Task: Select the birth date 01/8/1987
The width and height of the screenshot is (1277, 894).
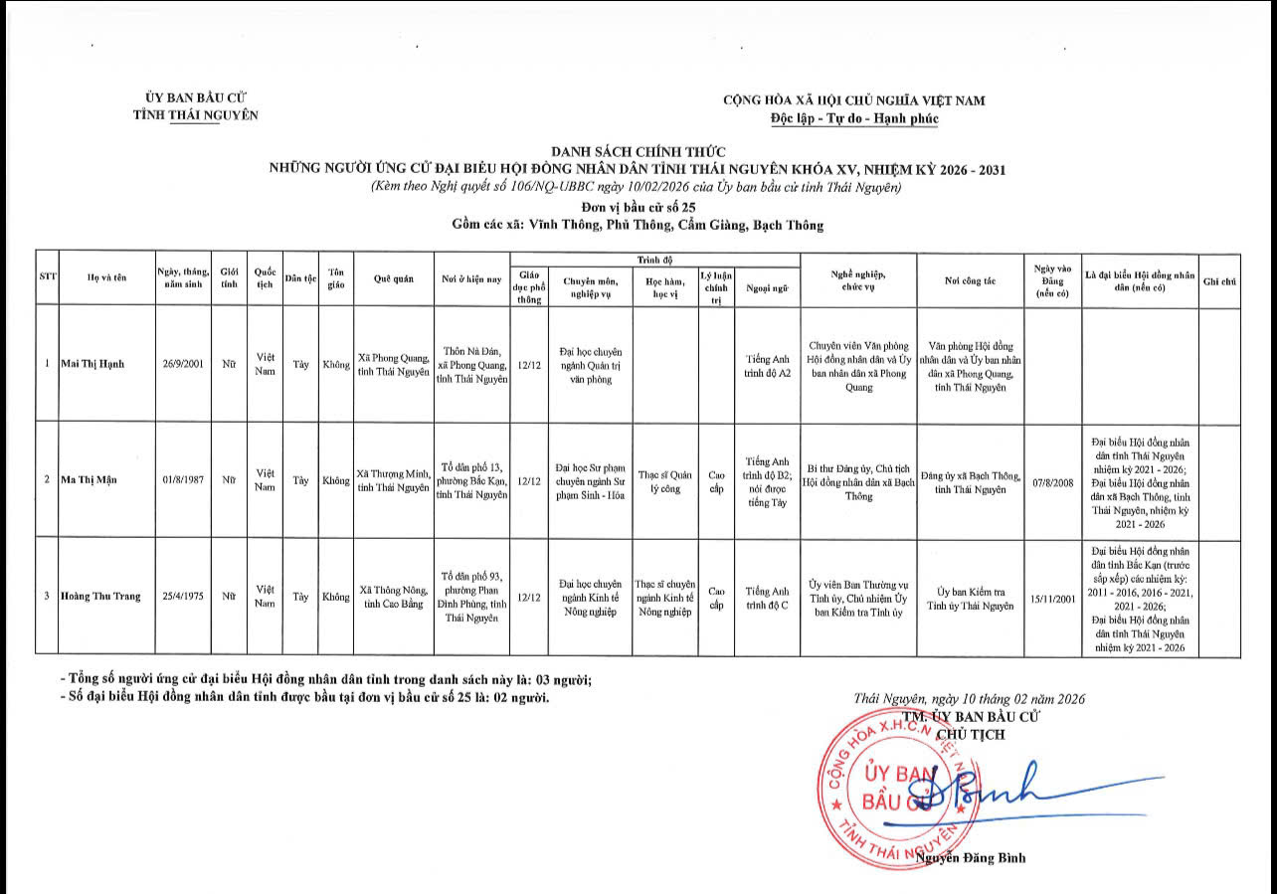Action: click(x=183, y=479)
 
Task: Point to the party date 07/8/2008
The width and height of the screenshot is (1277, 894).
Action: click(x=1053, y=479)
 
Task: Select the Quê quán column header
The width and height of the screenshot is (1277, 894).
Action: click(x=393, y=278)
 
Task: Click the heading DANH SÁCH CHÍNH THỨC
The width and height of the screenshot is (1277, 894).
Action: click(x=638, y=152)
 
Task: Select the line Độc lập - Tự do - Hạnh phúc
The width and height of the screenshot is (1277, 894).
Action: click(x=853, y=118)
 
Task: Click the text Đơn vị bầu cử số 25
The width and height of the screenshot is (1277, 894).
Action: click(x=638, y=207)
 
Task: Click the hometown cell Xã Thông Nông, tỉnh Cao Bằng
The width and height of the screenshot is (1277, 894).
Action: click(x=393, y=597)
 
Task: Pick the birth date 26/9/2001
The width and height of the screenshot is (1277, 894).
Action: click(x=183, y=364)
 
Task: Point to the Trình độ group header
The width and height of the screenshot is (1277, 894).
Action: click(x=654, y=259)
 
